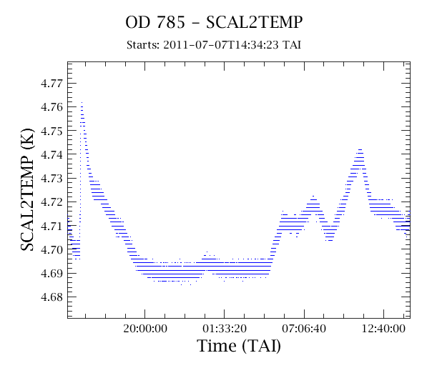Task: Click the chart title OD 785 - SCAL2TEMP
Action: [214, 22]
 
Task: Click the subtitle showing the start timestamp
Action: [214, 45]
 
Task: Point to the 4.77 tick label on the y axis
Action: [51, 84]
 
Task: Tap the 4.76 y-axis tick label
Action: [51, 107]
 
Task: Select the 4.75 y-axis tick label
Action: [51, 131]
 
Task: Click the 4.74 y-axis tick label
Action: [51, 154]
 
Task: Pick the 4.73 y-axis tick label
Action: [51, 179]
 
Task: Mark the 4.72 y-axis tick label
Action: [51, 202]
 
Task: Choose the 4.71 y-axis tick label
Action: [51, 226]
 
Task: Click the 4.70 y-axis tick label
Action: [51, 249]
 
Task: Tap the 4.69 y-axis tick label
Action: [51, 273]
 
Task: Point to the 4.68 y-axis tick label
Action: [51, 297]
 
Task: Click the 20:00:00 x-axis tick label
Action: [145, 329]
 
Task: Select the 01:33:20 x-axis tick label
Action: [225, 329]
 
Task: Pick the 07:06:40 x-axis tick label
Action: [304, 329]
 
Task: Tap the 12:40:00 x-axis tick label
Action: [383, 329]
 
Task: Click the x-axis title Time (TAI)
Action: [239, 346]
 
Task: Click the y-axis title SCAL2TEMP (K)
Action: [27, 189]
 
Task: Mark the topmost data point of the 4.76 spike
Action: [82, 102]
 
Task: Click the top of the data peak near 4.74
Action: [360, 149]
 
